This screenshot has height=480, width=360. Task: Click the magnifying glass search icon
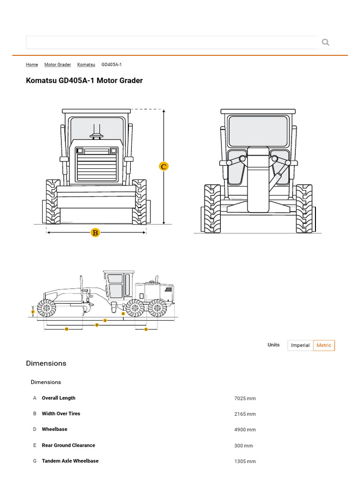(x=325, y=43)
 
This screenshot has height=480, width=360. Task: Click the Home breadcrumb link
(x=32, y=65)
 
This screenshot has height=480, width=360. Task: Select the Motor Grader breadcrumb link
(x=58, y=65)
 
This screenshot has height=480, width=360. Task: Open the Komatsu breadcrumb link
(x=86, y=65)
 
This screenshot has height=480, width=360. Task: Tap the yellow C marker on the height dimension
(x=164, y=166)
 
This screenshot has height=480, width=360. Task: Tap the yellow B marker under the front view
(x=95, y=232)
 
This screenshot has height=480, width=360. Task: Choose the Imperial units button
(x=300, y=345)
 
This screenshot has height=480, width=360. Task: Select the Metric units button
(x=324, y=345)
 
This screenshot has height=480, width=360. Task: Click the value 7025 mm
(x=245, y=398)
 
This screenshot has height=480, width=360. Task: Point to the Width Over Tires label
(x=61, y=414)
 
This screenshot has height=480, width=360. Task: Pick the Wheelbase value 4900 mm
(x=245, y=430)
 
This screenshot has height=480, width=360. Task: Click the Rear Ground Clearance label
(x=68, y=445)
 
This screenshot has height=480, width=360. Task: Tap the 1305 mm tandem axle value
(x=245, y=461)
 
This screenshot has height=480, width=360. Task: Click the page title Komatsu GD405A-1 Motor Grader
(x=84, y=81)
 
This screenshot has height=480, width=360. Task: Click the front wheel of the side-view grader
(x=46, y=308)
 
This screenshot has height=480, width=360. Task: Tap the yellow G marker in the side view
(x=146, y=330)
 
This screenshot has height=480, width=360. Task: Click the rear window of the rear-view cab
(x=258, y=131)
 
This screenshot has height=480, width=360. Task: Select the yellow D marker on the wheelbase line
(x=97, y=325)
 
